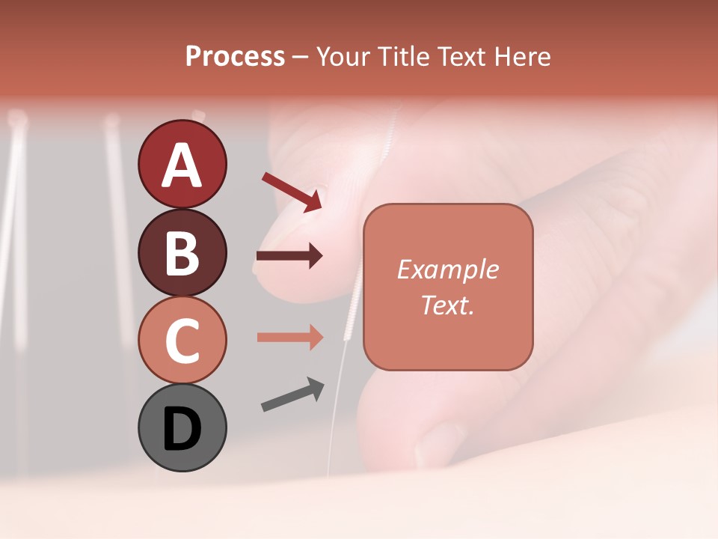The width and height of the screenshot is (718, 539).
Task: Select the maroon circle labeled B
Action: click(182, 252)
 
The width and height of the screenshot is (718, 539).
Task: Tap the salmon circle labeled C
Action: click(182, 340)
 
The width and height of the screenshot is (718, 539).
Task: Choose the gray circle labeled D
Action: click(182, 427)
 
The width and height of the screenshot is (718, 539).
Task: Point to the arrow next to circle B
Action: click(289, 256)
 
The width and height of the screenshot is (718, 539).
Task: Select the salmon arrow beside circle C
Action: click(289, 337)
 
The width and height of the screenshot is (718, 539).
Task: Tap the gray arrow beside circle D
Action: click(292, 395)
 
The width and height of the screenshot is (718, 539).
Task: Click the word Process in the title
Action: click(235, 56)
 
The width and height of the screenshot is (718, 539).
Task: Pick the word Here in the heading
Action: click(522, 56)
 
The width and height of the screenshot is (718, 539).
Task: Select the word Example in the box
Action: click(448, 269)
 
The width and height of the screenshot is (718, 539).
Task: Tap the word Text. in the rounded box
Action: click(448, 305)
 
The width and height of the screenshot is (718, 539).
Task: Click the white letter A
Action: click(182, 165)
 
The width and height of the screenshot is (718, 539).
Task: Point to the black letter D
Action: click(182, 430)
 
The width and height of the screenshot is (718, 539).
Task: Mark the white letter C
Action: click(182, 341)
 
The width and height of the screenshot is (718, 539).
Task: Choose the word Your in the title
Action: click(342, 56)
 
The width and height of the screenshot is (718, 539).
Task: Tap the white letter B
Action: click(182, 253)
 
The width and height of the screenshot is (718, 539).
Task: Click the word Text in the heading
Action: click(461, 56)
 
